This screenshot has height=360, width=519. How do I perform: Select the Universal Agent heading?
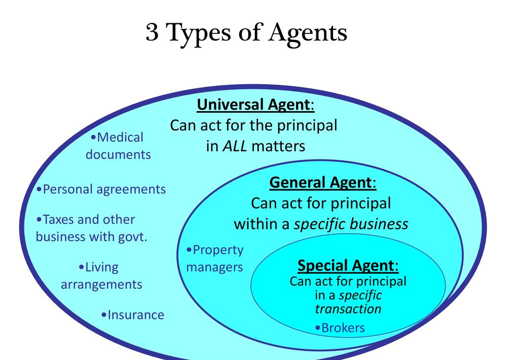[255, 105]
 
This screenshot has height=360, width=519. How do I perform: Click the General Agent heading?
[323, 182]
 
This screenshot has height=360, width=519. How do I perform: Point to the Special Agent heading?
[348, 266]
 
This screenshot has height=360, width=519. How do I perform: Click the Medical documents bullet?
[119, 146]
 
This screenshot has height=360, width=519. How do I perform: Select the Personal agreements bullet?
[101, 190]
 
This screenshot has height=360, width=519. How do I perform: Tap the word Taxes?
[60, 220]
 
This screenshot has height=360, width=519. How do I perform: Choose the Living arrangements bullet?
[101, 276]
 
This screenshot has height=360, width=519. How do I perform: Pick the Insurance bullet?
[133, 315]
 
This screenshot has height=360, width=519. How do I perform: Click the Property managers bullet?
[215, 259]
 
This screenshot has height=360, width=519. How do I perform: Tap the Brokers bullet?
[340, 328]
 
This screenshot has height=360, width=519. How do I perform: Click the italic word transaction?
[348, 309]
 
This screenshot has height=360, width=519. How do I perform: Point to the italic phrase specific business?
[351, 224]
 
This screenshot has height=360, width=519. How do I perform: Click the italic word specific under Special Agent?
[360, 295]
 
